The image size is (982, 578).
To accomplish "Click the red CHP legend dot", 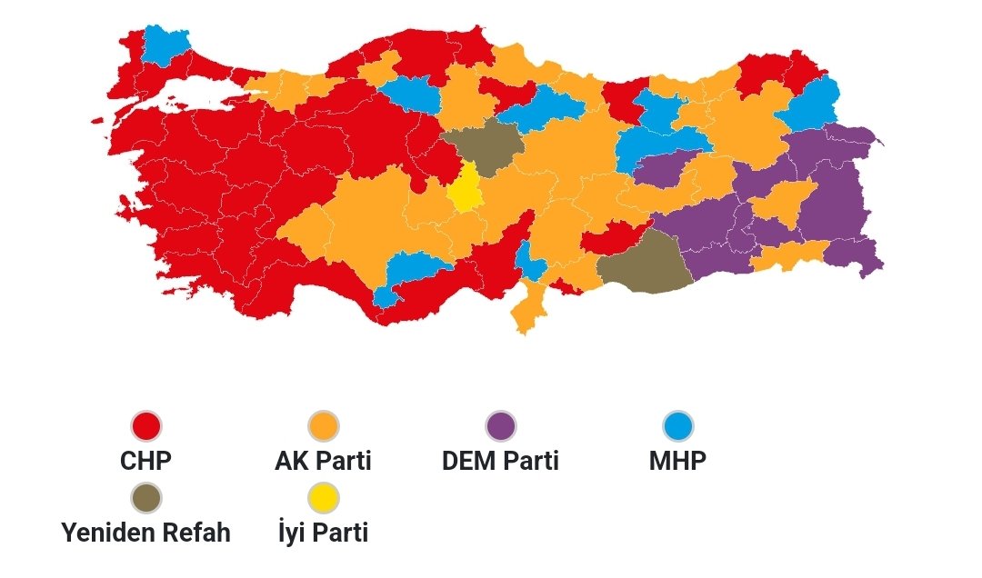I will (145, 425).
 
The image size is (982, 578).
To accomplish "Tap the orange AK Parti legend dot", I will (323, 425).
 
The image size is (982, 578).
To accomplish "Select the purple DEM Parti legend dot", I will (500, 425).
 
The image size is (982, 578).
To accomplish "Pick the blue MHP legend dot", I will (677, 425).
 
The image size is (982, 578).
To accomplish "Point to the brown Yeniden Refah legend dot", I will (145, 497).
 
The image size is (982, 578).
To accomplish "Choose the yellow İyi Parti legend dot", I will (323, 497).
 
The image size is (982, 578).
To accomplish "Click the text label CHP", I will (145, 461).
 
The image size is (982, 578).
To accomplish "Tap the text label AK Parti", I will (323, 461).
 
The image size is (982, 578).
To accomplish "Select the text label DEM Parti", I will (500, 461).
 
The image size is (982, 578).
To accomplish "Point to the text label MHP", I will (677, 461).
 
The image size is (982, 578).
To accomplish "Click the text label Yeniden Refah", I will (145, 533).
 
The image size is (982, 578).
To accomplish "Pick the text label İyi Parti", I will (323, 533).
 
